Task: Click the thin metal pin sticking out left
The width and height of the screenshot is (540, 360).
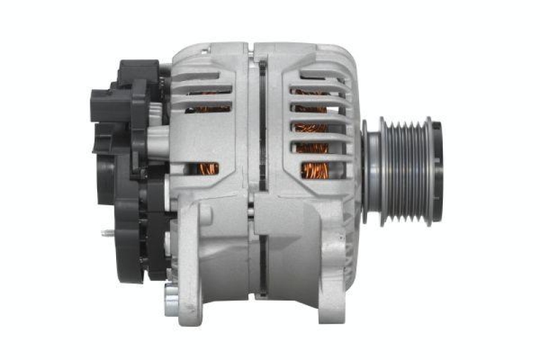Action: coord(107,233)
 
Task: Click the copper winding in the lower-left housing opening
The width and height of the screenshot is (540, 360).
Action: coord(207,168)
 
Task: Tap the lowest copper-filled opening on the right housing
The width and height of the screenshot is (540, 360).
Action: coord(315,170)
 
